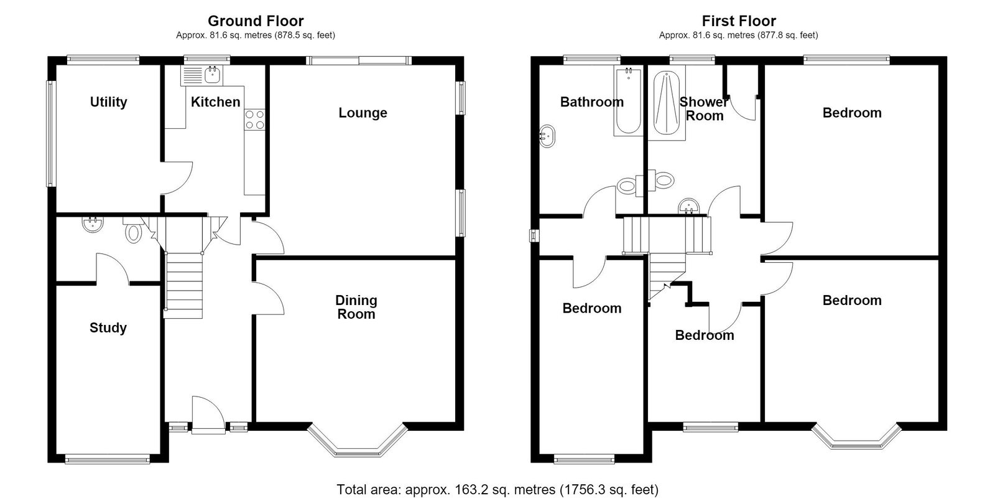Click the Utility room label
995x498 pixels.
[x=108, y=102]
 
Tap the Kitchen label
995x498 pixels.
[x=215, y=102]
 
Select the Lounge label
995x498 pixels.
[x=363, y=113]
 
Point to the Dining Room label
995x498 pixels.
[x=356, y=308]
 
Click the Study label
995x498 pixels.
[x=108, y=328]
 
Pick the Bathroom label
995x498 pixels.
[x=591, y=102]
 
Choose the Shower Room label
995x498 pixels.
[x=704, y=109]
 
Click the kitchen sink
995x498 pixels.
[x=201, y=75]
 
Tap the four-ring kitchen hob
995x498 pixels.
[x=254, y=119]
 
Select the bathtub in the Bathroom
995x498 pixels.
[x=628, y=100]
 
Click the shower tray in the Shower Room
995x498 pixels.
[x=666, y=103]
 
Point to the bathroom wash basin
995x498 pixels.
[x=547, y=136]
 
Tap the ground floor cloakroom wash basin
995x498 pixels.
[x=93, y=224]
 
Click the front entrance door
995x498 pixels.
[x=208, y=415]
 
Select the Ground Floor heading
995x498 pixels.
[x=256, y=21]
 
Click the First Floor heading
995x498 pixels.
[x=739, y=21]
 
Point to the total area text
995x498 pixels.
[x=497, y=489]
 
